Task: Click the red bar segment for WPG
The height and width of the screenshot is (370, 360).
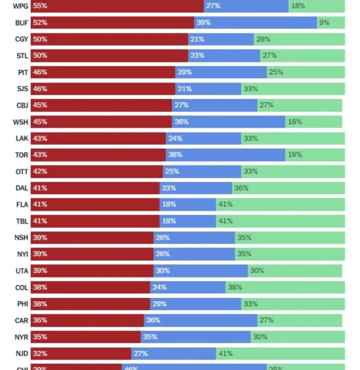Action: click(x=117, y=6)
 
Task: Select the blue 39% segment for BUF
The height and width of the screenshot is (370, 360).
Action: click(x=255, y=22)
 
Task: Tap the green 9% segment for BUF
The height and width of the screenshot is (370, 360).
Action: click(x=331, y=22)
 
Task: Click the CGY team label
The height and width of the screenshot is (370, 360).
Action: click(x=21, y=39)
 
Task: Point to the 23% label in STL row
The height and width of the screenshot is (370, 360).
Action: click(x=198, y=56)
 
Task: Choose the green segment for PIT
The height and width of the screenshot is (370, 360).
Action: click(x=306, y=72)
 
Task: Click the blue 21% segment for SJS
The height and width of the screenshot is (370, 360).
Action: click(x=208, y=89)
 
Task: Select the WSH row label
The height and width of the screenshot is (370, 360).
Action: click(x=20, y=122)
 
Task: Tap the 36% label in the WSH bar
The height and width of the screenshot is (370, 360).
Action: click(x=182, y=122)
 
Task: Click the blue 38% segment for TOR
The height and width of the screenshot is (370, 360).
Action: click(x=225, y=155)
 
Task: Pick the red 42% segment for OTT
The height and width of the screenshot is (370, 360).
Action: click(x=97, y=172)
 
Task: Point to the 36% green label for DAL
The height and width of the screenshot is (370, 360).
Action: click(x=241, y=188)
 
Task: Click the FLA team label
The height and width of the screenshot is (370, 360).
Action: click(x=22, y=205)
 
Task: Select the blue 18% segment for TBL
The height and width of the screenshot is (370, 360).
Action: click(x=188, y=221)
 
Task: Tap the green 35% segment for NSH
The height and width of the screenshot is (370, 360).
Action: click(x=289, y=238)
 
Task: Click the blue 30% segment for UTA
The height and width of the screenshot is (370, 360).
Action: click(x=200, y=271)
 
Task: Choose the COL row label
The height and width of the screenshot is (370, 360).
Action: click(x=21, y=288)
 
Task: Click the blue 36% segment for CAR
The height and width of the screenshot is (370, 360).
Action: click(x=200, y=320)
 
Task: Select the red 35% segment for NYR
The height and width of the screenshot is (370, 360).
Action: click(x=85, y=337)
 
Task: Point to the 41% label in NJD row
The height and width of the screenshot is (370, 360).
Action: click(x=225, y=354)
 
